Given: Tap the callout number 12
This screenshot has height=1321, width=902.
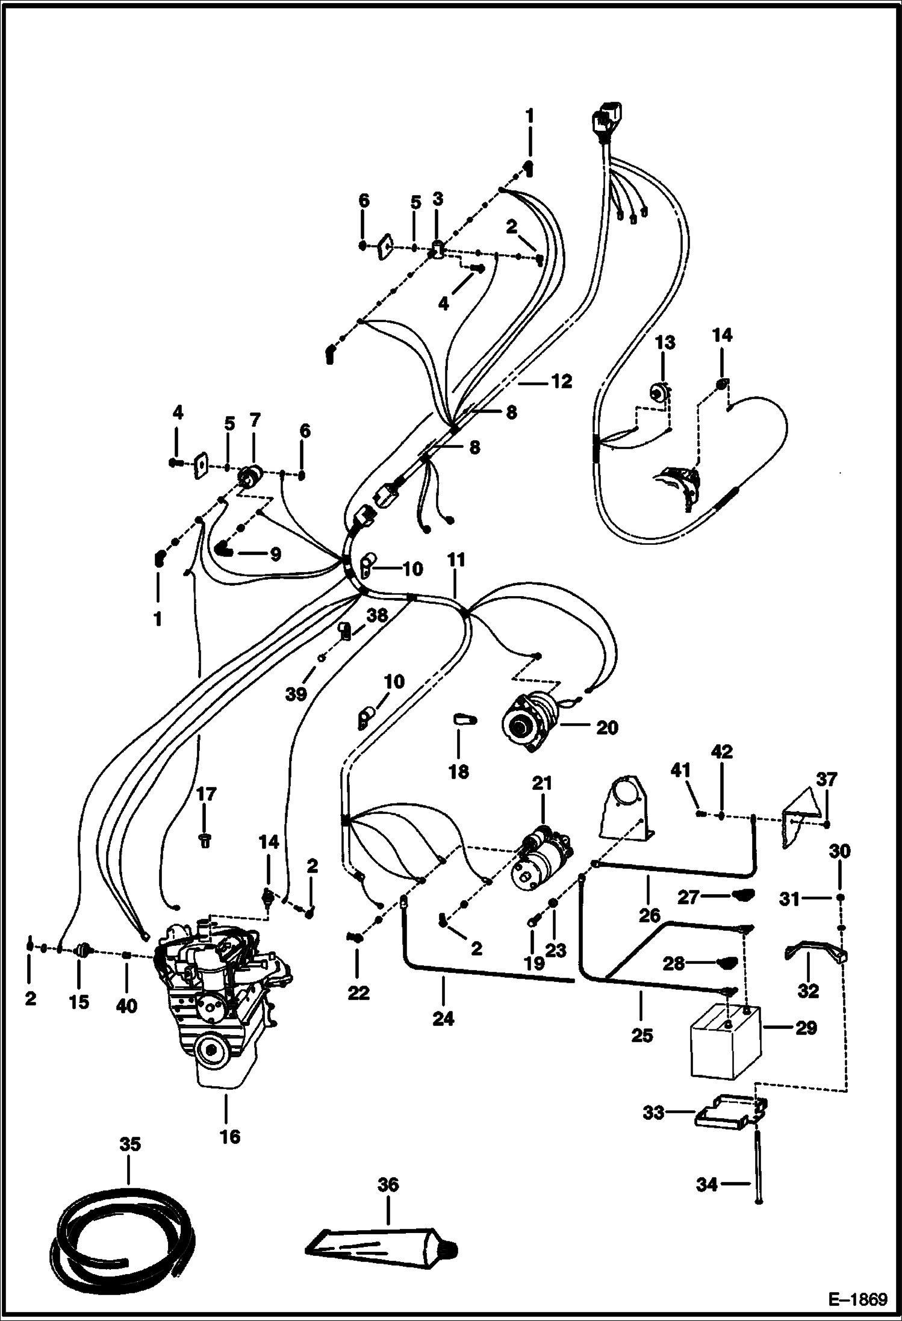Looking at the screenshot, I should [561, 382].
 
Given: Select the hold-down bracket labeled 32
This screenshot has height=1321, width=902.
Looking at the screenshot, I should [814, 956].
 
